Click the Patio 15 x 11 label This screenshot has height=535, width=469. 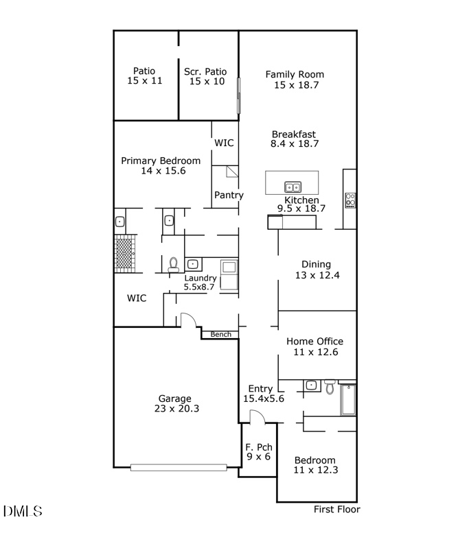pos(144,75)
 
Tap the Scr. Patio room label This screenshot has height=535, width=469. pos(207,75)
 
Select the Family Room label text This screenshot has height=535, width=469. pos(295,80)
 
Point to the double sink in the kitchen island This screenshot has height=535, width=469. pos(293,187)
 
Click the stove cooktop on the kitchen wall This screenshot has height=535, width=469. pos(350,200)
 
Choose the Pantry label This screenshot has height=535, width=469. pos(228,195)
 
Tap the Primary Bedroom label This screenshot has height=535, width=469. pos(161,165)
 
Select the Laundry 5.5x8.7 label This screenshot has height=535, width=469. pos(201,283)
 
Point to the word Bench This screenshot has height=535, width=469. pos(220,335)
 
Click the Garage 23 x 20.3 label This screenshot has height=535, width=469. pos(174,403)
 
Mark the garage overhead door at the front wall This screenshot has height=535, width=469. pos(179,468)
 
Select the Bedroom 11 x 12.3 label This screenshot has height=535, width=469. pos(315,465)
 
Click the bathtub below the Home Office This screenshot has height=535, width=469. pos(348,400)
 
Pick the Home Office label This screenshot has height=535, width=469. pos(314,346)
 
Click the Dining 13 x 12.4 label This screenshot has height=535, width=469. pos(316,270)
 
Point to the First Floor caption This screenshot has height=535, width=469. pos(336,509)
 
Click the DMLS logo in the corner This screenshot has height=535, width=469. pos(23,511)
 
